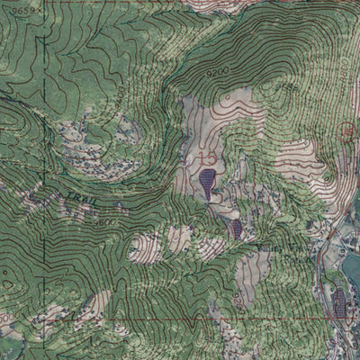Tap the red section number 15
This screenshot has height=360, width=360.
tap(209, 158)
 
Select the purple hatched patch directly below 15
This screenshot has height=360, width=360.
tap(209, 184)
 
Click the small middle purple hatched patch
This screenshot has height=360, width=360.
tap(236, 229)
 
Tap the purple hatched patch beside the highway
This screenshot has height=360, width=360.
tap(340, 302)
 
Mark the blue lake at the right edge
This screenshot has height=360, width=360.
tap(352, 270)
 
